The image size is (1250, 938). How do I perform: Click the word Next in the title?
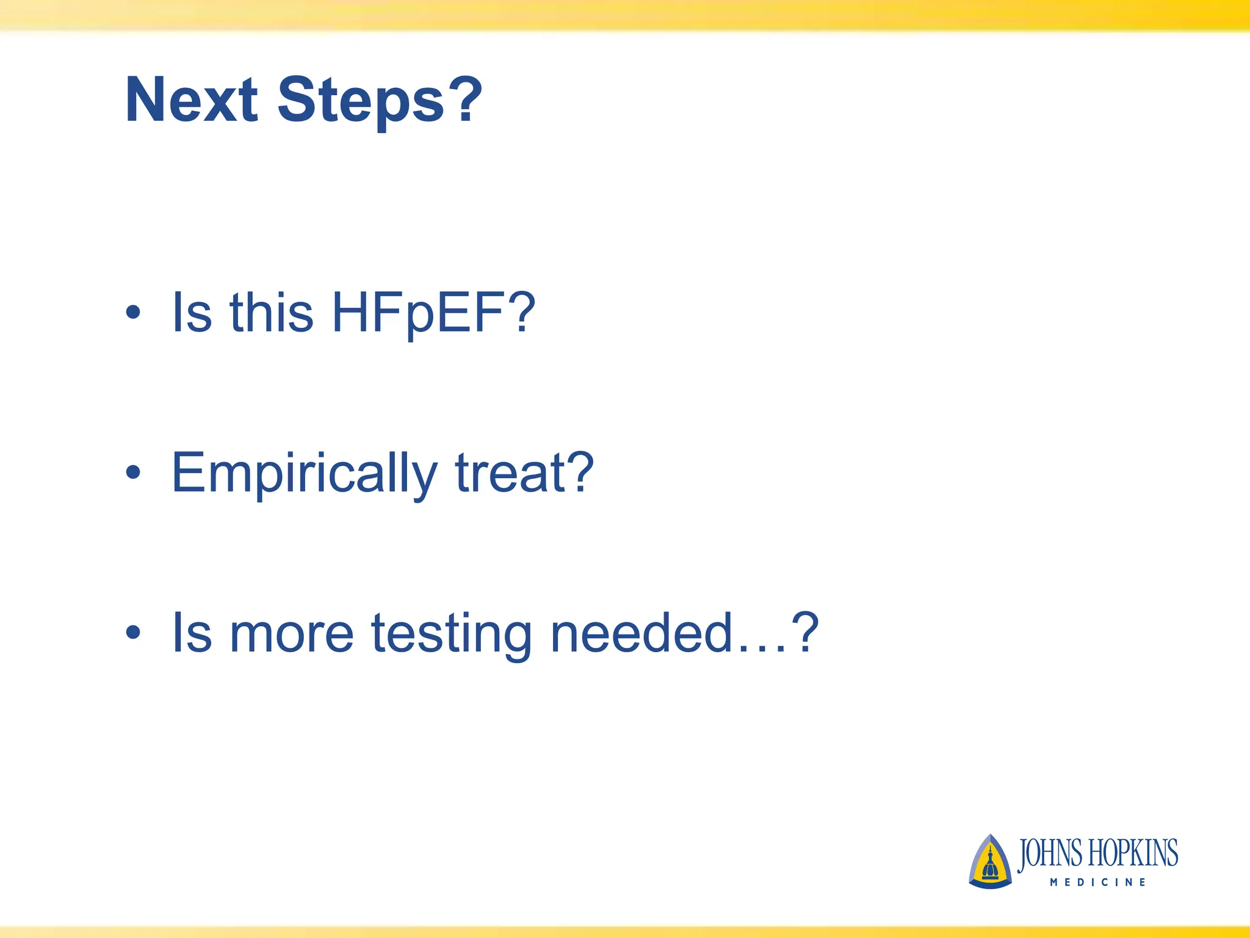pyautogui.click(x=191, y=100)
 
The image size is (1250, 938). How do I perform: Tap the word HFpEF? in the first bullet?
pyautogui.click(x=433, y=313)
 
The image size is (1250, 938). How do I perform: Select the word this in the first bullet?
pyautogui.click(x=271, y=312)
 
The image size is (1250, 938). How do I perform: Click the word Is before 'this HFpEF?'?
pyautogui.click(x=192, y=312)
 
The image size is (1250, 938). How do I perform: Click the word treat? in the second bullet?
pyautogui.click(x=524, y=473)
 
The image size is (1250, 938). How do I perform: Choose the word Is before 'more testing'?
pyautogui.click(x=192, y=633)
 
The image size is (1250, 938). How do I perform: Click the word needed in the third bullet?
pyautogui.click(x=641, y=633)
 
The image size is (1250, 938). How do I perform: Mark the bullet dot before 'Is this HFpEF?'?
pyautogui.click(x=133, y=313)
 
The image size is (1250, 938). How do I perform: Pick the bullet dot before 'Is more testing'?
pyautogui.click(x=133, y=633)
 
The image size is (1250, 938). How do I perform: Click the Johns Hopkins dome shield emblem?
pyautogui.click(x=989, y=862)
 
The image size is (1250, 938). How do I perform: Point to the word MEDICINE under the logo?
pyautogui.click(x=1098, y=882)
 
